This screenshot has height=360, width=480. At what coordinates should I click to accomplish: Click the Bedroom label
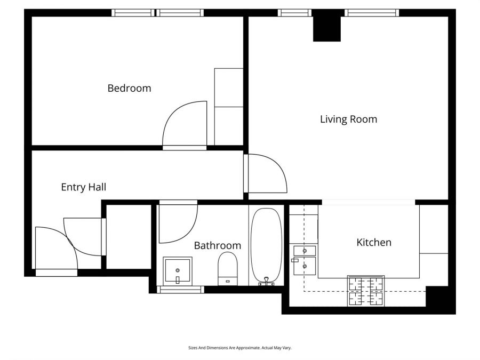coord(129,88)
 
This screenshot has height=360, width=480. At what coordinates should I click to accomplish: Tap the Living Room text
coord(348,119)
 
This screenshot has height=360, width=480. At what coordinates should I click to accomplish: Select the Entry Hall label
coord(84,187)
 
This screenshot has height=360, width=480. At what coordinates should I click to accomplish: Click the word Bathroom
coord(218,245)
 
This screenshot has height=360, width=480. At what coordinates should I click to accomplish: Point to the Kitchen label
coord(374,243)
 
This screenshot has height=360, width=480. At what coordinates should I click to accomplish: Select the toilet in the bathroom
coord(227,269)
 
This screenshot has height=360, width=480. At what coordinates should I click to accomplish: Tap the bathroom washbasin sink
coord(178,271)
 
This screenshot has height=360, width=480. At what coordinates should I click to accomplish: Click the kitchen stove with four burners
coord(366,291)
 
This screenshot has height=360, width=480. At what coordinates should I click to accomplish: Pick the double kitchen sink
coord(305,260)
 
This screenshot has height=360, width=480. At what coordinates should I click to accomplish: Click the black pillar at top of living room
coord(326,28)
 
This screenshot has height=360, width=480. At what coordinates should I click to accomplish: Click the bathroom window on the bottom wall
coord(181,290)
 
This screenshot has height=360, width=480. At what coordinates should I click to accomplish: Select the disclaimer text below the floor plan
coord(239,348)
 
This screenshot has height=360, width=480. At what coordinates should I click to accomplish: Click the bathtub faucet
coord(266,281)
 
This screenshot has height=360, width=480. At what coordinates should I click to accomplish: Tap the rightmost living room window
coord(372,13)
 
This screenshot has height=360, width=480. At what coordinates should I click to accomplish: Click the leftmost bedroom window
coord(133,13)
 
